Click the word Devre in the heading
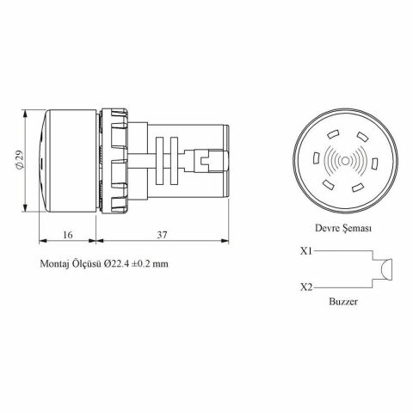coord(319,228)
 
